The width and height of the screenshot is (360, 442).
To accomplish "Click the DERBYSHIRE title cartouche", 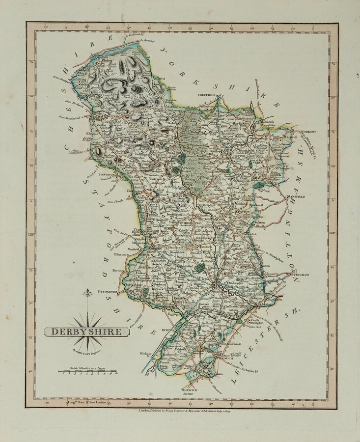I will [86, 331].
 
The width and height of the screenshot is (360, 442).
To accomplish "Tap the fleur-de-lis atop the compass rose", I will [87, 293].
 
